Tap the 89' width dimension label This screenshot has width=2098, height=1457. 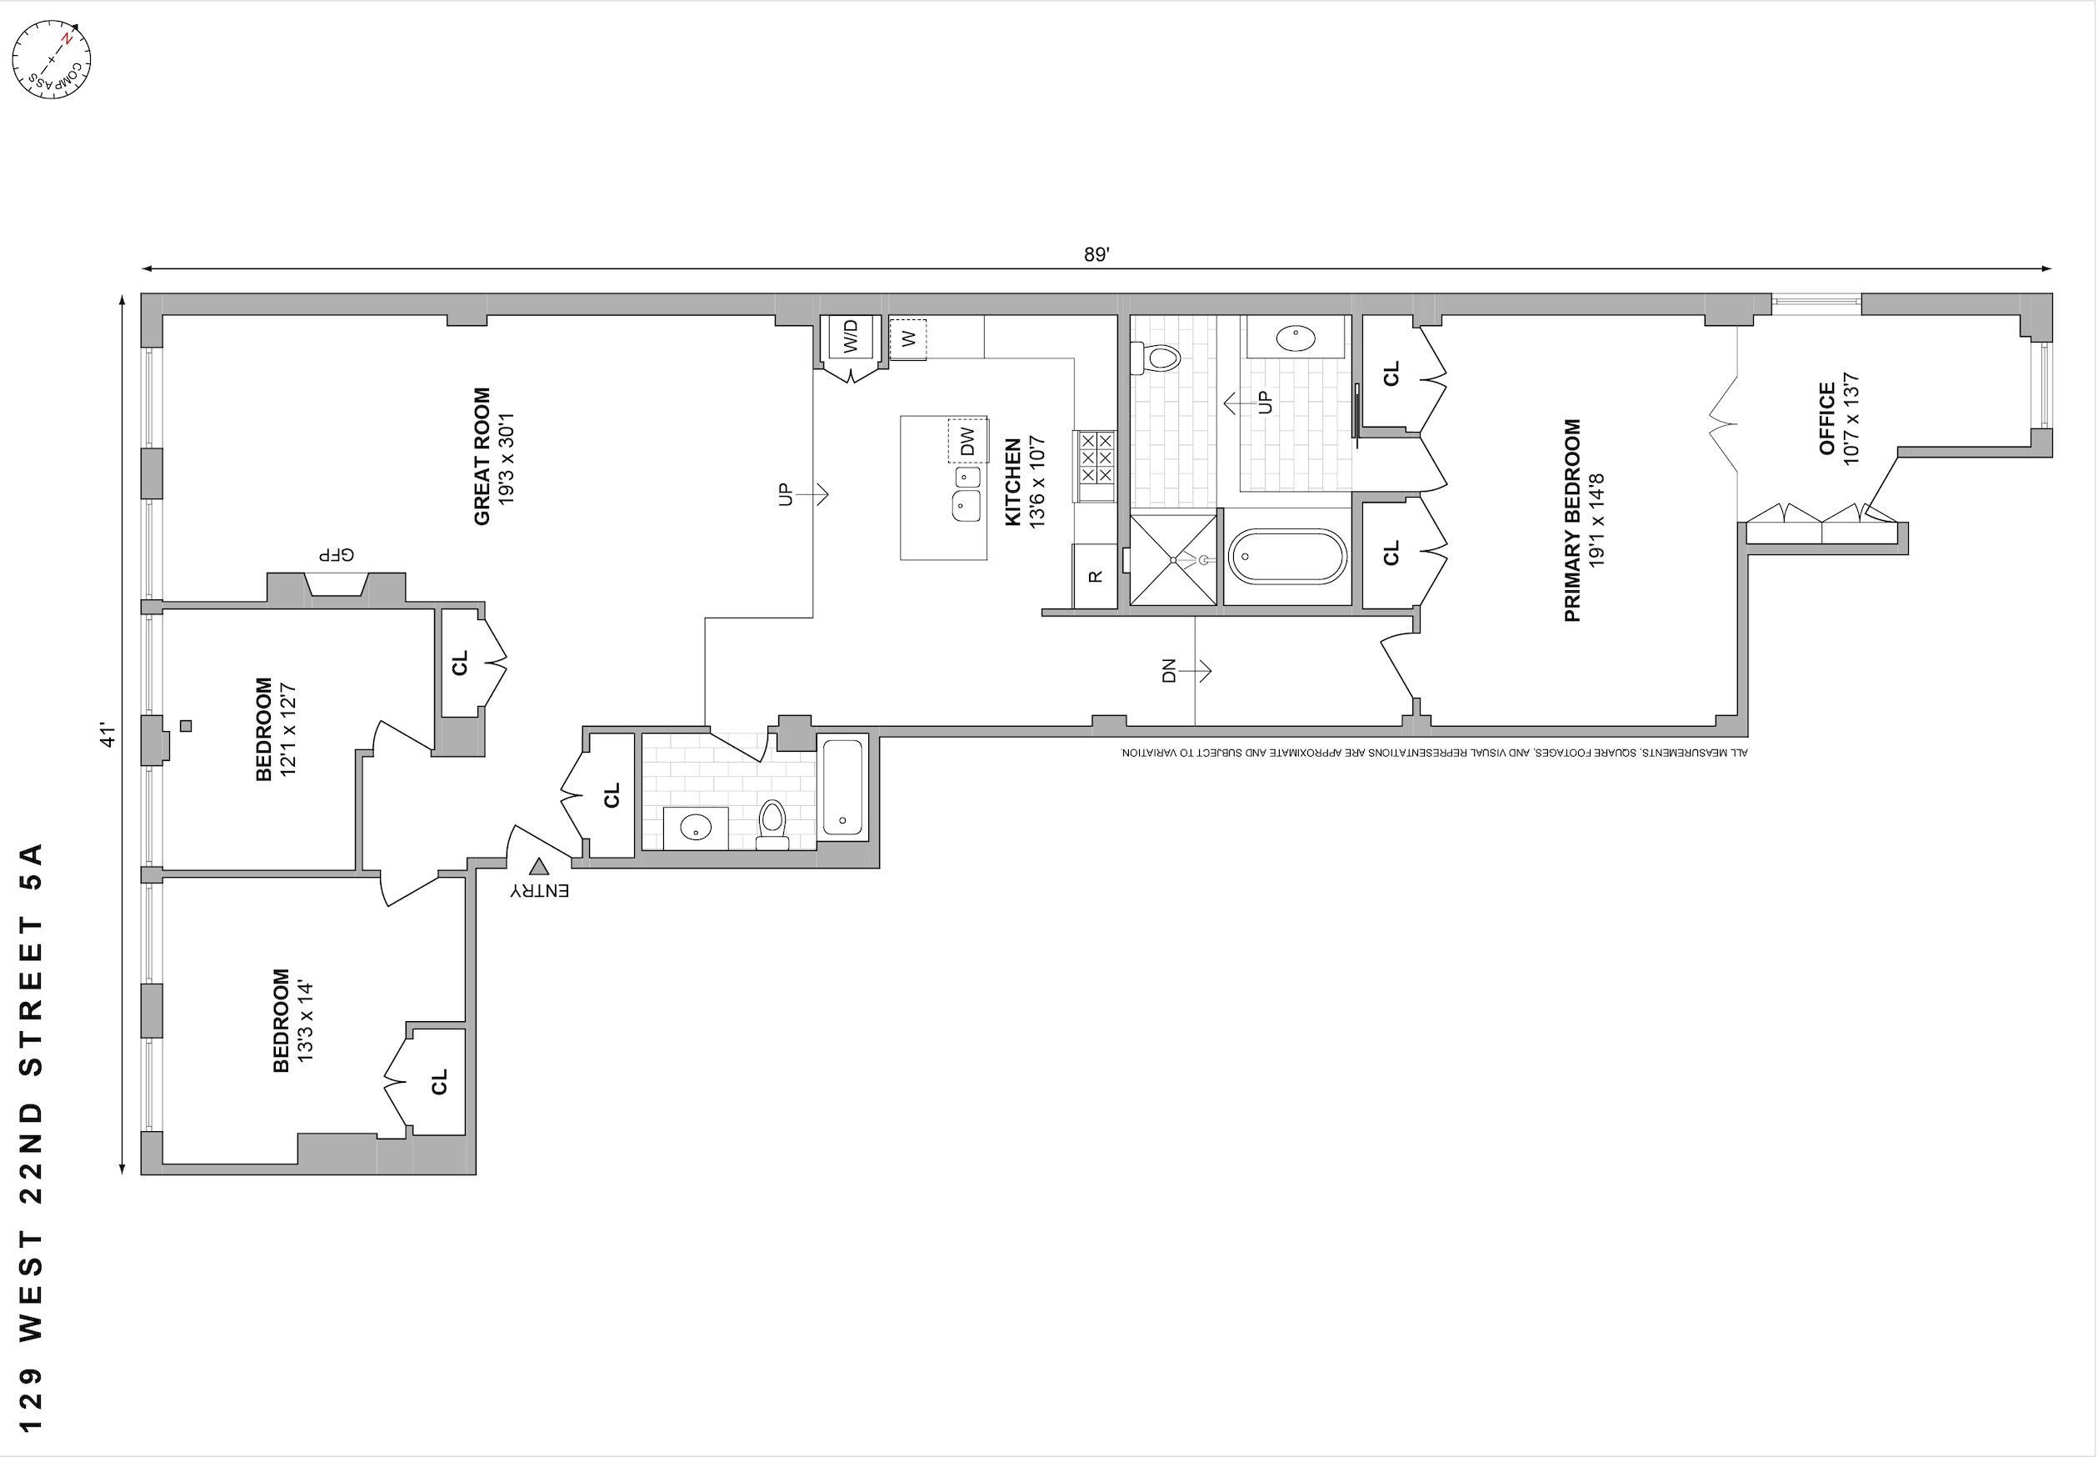[x=1096, y=255]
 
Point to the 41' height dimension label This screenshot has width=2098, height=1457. [x=107, y=736]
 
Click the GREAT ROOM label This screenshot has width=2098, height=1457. [x=482, y=457]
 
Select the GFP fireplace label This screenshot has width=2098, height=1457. [x=336, y=555]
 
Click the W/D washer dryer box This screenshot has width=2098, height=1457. [x=851, y=337]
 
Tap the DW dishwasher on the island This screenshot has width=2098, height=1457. [x=967, y=442]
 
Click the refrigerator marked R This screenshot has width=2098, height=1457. [x=1095, y=576]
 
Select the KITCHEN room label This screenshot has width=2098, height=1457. [x=1013, y=482]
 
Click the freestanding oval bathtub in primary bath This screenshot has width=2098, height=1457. [x=1286, y=557]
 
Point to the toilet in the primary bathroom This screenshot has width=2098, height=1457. [x=1156, y=357]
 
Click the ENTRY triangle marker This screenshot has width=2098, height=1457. [x=539, y=867]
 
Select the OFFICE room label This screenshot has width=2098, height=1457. [x=1827, y=418]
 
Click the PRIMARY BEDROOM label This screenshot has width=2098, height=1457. [x=1572, y=520]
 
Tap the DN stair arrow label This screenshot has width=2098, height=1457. [x=1170, y=671]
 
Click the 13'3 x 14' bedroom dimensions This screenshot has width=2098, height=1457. [x=306, y=1020]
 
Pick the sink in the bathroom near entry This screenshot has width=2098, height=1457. [x=696, y=828]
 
